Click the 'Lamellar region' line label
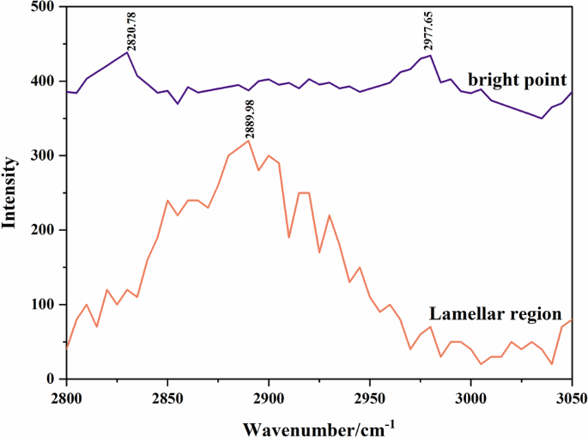495,313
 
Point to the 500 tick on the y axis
40,7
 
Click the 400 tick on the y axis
40,82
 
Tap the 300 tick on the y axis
40,156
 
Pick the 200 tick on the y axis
40,230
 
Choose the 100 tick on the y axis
40,305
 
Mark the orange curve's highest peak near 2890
249,140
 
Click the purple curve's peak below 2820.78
127,52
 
